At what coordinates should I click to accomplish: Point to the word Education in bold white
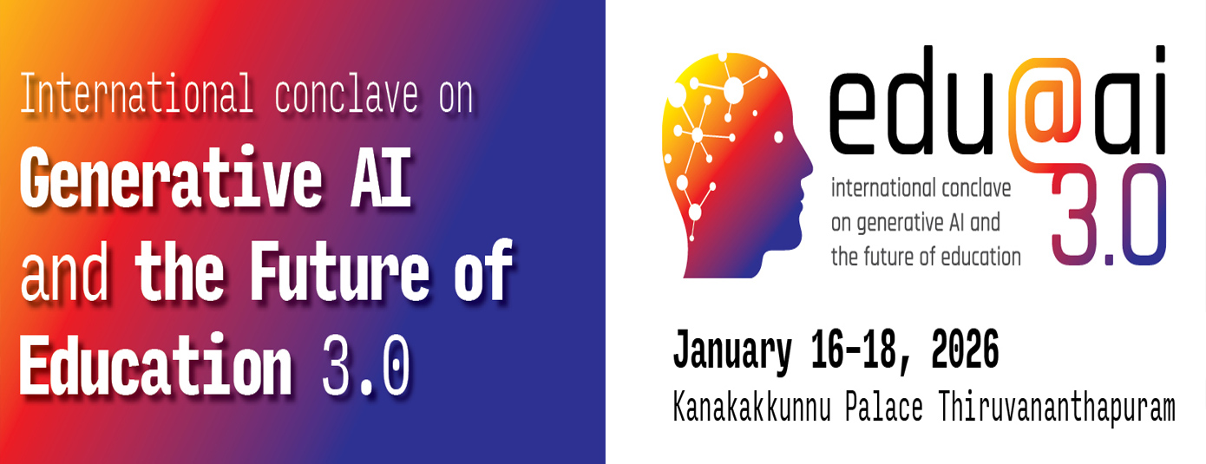(x=155, y=365)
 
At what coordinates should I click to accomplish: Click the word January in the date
(x=732, y=351)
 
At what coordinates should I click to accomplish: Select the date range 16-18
(x=850, y=351)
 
